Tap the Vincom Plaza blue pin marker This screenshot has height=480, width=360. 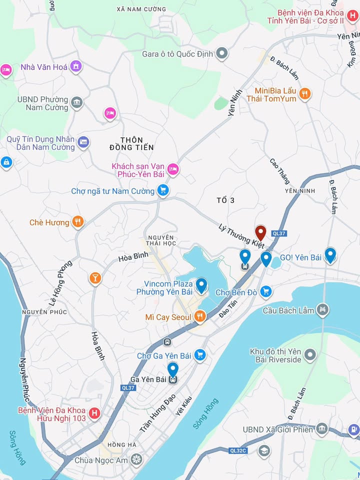coord(201,285)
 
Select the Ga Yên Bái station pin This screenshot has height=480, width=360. coord(172,370)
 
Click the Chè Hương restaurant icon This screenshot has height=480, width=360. coord(77,222)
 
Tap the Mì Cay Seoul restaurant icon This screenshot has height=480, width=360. coord(200,316)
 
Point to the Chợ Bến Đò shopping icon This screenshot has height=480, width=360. coord(265,291)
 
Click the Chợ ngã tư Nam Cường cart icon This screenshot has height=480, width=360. coord(162,190)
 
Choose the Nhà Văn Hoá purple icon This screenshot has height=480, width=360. coord(76,66)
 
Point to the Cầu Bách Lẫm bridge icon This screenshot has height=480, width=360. coord(323,310)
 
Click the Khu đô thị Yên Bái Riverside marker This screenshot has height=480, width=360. coord(310,355)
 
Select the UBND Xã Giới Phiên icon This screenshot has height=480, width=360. coord(322,429)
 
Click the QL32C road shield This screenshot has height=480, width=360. coord(238,450)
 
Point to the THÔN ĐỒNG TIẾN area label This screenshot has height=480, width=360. coord(131,143)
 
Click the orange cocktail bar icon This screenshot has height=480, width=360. coord(95,278)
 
